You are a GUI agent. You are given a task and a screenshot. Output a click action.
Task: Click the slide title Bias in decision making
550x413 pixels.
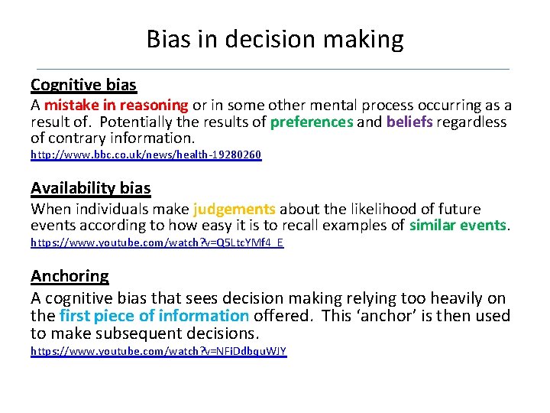pos(275,39)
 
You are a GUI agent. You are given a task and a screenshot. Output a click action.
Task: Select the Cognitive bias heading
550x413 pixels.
pos(83,84)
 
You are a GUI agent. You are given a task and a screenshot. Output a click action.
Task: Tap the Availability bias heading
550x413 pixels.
pos(90,188)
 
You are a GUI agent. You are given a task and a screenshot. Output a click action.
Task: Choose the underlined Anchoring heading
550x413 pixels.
pos(70,276)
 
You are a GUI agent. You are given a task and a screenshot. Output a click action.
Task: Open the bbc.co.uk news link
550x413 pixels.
pos(146,155)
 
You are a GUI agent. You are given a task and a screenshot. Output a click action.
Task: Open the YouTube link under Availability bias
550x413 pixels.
pos(157,242)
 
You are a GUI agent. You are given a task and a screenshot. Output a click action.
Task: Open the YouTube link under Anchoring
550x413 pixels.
pos(158,351)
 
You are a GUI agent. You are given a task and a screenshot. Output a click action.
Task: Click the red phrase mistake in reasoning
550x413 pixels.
pos(116,106)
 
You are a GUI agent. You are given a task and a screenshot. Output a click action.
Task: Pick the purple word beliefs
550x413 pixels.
pos(409,122)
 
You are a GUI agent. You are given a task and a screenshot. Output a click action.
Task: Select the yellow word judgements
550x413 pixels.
pos(235,209)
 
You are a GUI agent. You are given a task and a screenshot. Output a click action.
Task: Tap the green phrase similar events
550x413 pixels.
pos(458,226)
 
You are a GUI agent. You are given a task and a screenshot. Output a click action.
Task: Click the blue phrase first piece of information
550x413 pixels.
pos(154,316)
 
